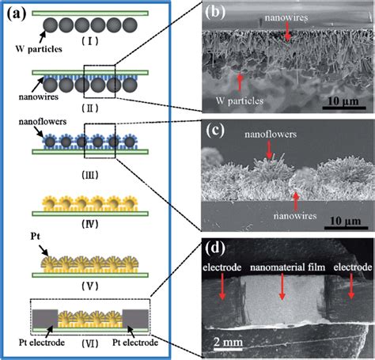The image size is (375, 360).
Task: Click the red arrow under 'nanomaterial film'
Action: point(282,290)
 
